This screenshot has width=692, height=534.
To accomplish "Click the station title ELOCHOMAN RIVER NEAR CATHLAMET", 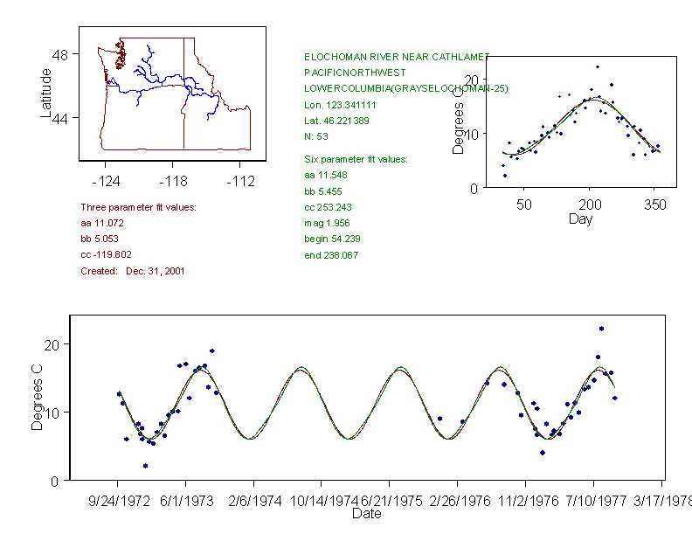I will click(396, 56).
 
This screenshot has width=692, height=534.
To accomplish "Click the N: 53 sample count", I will click(316, 136).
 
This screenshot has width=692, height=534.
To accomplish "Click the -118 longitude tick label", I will click(172, 181).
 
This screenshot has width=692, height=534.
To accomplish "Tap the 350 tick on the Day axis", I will click(654, 205).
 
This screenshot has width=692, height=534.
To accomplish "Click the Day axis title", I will click(580, 218).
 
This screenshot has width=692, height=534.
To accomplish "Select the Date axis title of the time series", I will click(366, 515).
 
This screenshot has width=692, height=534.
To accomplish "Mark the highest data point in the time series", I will click(602, 329).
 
